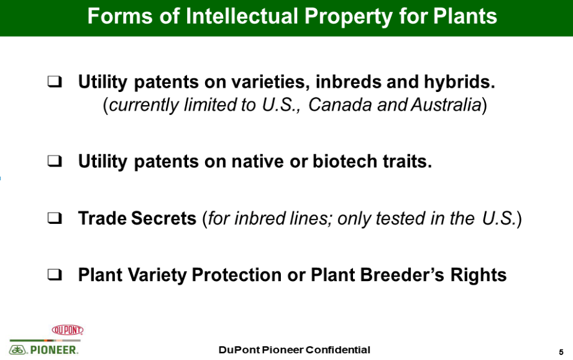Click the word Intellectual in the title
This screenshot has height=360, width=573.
[x=242, y=16]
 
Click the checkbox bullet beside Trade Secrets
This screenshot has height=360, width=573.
[x=55, y=218]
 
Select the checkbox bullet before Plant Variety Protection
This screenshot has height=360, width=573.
[x=55, y=274]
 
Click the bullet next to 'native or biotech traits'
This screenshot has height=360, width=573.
[x=55, y=161]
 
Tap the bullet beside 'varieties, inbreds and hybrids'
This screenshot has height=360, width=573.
[x=55, y=81]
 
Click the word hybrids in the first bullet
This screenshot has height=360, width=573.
[x=459, y=81]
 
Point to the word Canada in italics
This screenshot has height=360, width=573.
[x=339, y=105]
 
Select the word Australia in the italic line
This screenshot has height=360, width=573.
[x=446, y=105]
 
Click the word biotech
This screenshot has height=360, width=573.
[x=344, y=161]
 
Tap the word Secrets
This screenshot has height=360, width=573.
[x=163, y=218]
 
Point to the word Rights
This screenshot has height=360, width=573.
[x=479, y=275]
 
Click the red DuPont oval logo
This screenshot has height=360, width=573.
[x=68, y=330]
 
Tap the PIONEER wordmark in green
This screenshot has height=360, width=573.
[x=54, y=350]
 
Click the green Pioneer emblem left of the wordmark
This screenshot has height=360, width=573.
[x=17, y=350]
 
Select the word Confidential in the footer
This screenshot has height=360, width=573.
[x=337, y=350]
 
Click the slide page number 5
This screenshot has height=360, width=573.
[x=561, y=353]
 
